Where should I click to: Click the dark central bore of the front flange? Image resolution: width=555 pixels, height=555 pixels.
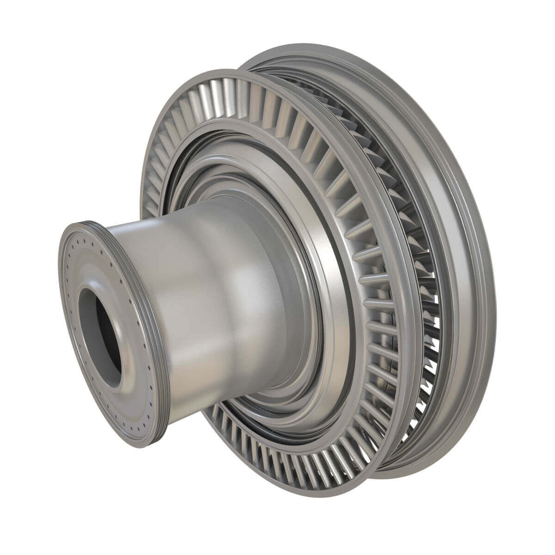(100, 331)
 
